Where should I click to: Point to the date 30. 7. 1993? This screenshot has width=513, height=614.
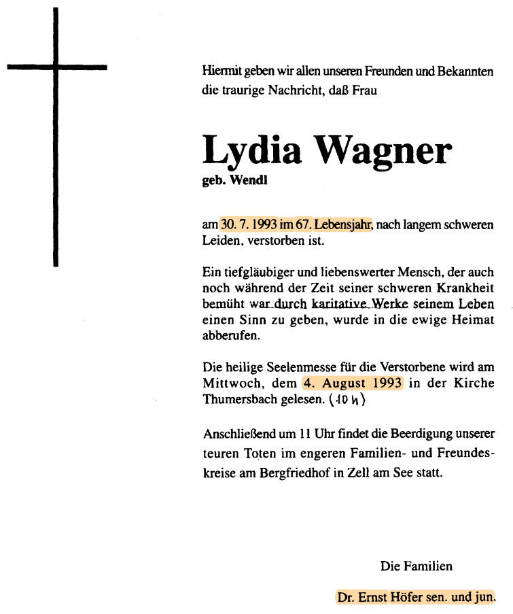[248, 224]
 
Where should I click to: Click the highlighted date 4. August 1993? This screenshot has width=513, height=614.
[353, 383]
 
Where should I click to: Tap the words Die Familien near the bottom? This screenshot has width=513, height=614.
[416, 566]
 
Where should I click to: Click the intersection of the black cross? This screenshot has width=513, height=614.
[55, 67]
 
